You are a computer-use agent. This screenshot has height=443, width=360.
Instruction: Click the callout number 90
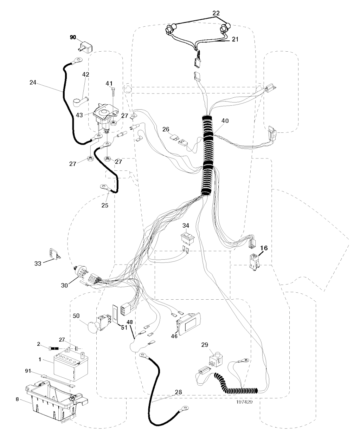coord(73,37)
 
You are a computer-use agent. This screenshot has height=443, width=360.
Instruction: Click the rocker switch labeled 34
coord(186,237)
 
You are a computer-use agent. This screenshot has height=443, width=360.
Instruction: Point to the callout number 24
coord(33,83)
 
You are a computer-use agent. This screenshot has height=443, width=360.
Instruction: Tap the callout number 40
coord(225,121)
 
